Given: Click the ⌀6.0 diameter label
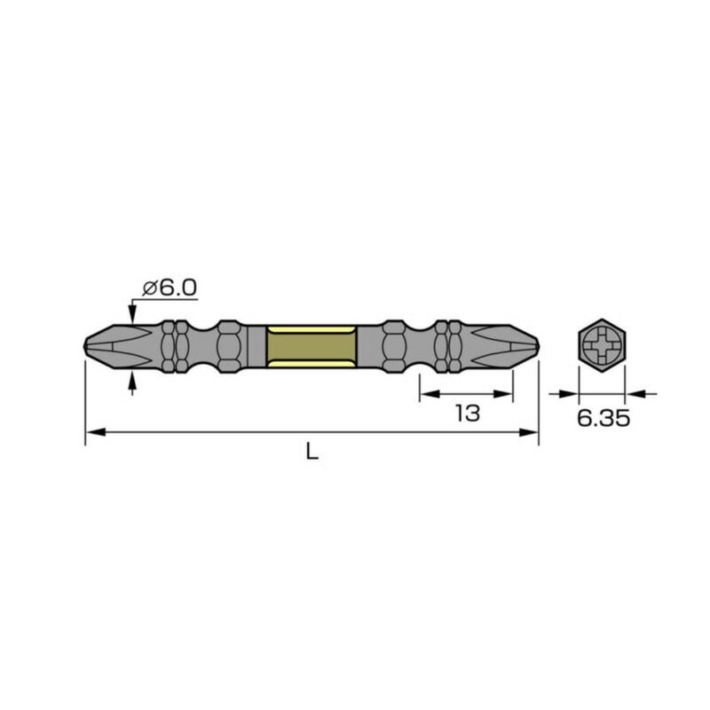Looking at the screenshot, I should click(170, 288).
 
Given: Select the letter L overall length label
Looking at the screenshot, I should click(312, 451).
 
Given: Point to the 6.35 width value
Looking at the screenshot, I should click(603, 418).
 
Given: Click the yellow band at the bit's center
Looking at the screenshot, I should click(312, 344).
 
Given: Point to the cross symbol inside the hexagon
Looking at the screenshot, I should click(602, 344).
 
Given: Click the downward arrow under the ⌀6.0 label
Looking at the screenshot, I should click(132, 314).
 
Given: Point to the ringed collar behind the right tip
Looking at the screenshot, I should click(448, 344).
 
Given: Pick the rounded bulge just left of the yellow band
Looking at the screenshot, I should click(229, 344).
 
